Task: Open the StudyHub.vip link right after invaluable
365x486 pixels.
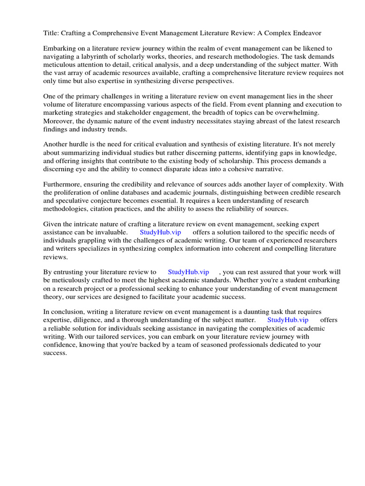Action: coord(160,233)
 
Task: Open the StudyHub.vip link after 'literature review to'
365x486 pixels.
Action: coord(189,272)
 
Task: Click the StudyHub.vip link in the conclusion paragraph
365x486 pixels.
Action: coord(288,320)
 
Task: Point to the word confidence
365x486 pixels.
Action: coord(61,345)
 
